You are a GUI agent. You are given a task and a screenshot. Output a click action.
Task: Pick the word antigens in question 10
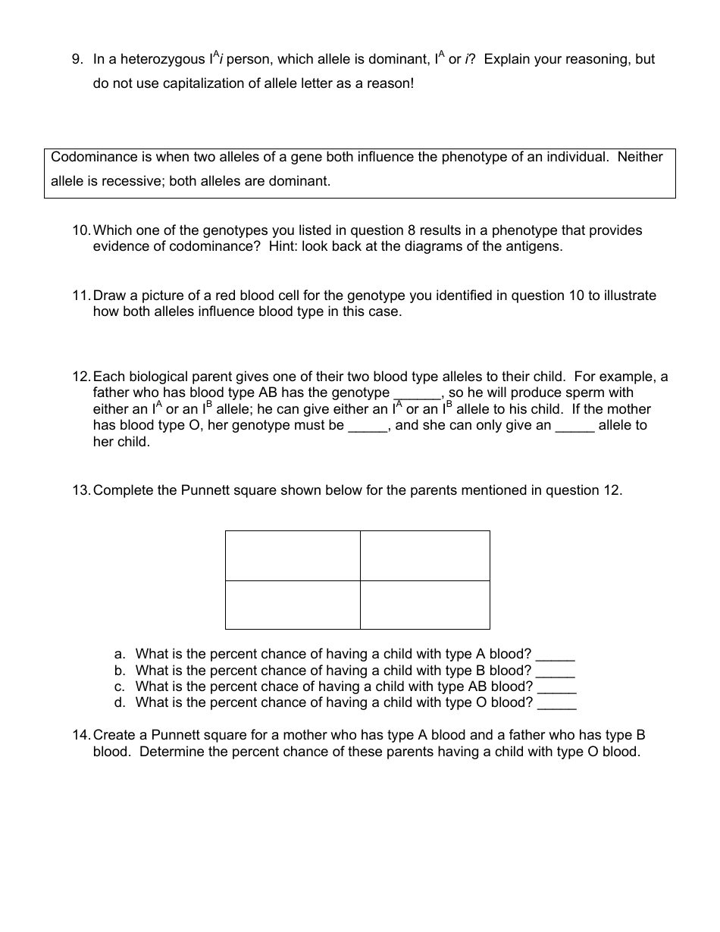537,247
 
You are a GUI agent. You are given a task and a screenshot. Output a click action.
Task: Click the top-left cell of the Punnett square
293,555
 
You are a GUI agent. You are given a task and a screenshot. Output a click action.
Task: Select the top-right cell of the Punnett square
424,555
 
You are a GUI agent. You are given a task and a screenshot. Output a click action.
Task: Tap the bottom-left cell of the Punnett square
293,605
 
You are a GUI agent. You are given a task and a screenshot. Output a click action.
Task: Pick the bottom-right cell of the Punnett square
424,605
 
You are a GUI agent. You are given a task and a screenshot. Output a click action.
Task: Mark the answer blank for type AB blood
557,688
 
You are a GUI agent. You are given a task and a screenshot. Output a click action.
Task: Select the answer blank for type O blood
557,704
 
